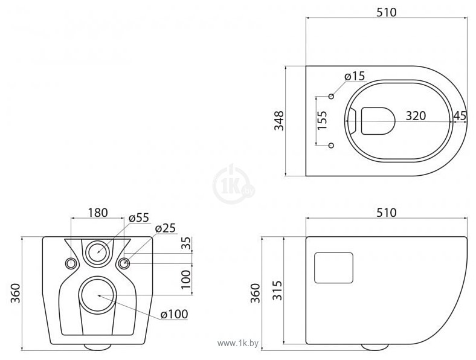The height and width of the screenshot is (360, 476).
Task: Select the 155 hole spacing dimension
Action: (x=322, y=120)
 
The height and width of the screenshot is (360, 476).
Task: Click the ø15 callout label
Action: (x=355, y=76)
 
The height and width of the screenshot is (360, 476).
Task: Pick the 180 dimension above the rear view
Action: (x=97, y=212)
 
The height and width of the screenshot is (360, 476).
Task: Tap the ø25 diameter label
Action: (x=166, y=228)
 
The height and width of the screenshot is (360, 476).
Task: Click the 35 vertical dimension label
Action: (x=186, y=244)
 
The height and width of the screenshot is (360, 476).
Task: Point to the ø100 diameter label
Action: (x=175, y=313)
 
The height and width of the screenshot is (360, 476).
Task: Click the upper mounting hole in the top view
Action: (x=331, y=95)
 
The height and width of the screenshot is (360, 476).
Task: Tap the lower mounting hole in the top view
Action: (x=331, y=145)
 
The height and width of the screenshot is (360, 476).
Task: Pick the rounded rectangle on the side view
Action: (x=333, y=267)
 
